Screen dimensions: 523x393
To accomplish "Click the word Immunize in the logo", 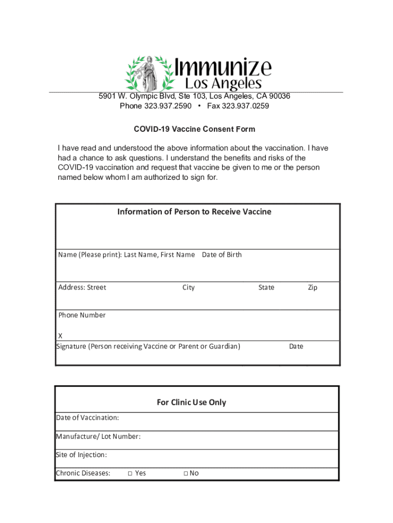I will [224, 68].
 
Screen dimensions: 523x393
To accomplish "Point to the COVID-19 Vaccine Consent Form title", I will [194, 129].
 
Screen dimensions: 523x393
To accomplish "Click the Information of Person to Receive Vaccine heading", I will [194, 211].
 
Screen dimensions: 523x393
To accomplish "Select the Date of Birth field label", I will [222, 255].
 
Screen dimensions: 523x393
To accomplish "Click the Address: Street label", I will [82, 288].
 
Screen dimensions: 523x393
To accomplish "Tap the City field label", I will [188, 288].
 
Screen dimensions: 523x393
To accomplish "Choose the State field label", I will [266, 288].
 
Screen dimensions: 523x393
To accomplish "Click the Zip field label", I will [312, 288].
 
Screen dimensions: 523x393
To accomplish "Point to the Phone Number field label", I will [82, 315].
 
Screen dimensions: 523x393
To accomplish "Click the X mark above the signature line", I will [60, 336].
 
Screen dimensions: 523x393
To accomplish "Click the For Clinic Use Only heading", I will [191, 402].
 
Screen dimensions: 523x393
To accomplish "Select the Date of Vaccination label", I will [87, 418].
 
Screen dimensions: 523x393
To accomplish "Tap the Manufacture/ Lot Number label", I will [98, 437].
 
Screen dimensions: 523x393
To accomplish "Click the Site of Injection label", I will [81, 455].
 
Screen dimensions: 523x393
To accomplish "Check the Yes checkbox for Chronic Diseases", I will [130, 473].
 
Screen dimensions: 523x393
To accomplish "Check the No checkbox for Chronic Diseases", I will [186, 473].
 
